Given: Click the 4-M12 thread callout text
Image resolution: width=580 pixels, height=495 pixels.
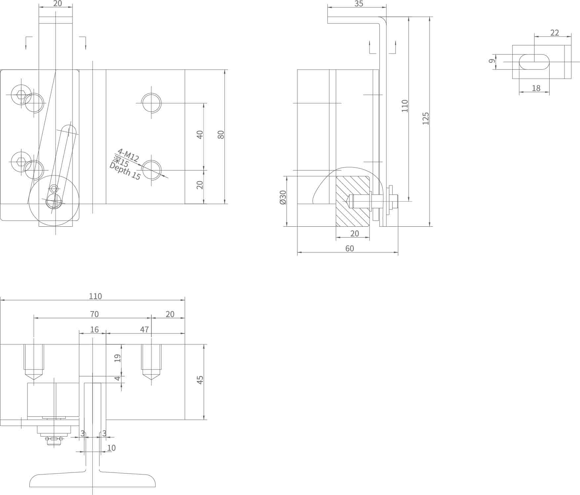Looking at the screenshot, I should click(128, 155).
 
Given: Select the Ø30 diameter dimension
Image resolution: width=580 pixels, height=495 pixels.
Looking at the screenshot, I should click(283, 197).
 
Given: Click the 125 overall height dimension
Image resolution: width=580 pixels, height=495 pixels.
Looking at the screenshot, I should click(426, 118).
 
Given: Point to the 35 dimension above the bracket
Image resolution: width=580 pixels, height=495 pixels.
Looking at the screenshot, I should click(359, 4).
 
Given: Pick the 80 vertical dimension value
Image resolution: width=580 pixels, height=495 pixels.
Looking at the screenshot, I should click(221, 134).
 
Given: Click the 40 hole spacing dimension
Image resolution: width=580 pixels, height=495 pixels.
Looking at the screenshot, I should click(200, 134).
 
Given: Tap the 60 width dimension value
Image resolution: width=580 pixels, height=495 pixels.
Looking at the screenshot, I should click(349, 248).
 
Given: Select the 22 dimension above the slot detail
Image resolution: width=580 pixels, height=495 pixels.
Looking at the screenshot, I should click(555, 33).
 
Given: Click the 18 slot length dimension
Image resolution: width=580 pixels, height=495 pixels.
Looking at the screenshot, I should click(536, 88).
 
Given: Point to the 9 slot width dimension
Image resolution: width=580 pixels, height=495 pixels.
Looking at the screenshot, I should click(492, 61).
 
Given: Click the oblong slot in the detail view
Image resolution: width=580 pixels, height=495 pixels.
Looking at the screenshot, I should click(534, 62).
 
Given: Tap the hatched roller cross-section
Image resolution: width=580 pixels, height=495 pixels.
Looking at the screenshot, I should click(353, 202).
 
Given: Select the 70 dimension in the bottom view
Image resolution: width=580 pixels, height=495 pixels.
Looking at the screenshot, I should click(94, 314).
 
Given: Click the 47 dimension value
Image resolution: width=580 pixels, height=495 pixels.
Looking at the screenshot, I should click(144, 329).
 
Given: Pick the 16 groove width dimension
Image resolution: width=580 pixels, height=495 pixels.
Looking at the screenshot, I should click(94, 329).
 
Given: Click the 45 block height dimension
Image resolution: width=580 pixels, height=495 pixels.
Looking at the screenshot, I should click(200, 380).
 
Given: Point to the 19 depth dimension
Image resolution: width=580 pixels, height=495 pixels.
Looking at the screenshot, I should click(118, 358).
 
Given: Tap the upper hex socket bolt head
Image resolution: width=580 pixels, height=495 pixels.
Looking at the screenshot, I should click(21, 95).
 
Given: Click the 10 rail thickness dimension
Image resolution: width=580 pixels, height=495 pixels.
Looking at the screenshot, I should click(111, 448).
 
